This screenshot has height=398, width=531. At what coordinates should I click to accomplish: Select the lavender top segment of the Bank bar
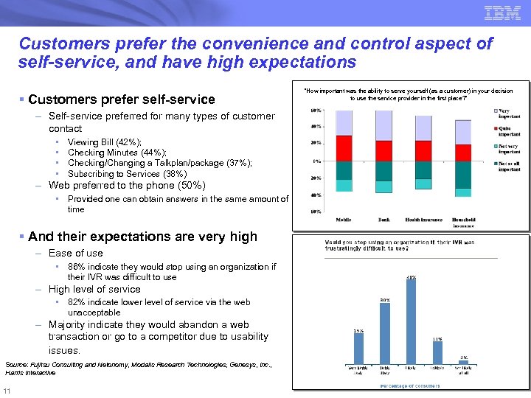(383, 125)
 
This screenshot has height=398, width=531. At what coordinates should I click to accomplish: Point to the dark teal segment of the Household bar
(463, 174)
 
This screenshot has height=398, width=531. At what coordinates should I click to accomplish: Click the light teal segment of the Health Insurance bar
(423, 186)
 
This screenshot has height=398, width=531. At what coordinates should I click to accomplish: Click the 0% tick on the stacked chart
(315, 161)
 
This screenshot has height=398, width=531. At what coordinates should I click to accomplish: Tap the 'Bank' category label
(383, 220)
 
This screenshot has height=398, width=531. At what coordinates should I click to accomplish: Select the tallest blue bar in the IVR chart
(411, 322)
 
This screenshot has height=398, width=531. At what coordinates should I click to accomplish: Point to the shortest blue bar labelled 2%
(464, 363)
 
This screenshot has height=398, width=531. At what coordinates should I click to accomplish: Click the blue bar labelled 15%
(358, 350)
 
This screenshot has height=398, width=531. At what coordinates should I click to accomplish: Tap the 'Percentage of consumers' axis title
(410, 385)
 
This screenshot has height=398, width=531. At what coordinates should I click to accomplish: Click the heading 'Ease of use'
(75, 254)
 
